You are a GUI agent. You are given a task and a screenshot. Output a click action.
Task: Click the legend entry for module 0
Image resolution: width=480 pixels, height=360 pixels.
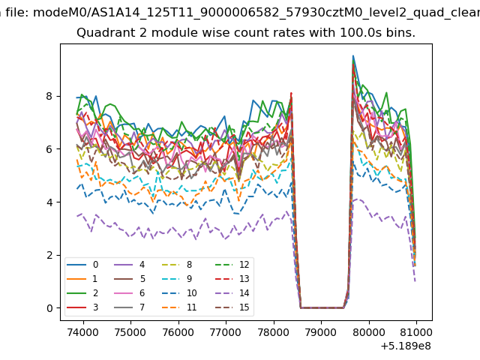click(x=82, y=265)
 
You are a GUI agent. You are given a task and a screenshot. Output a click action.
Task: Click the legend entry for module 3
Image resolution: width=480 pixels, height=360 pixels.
click(x=82, y=307)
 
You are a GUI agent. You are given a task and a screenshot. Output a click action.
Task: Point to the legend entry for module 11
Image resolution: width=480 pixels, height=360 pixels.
click(x=179, y=307)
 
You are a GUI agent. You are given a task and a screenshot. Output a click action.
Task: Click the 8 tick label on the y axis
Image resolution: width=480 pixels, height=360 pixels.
click(x=49, y=96)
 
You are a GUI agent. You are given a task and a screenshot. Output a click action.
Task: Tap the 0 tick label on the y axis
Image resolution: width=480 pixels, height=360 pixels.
click(x=49, y=308)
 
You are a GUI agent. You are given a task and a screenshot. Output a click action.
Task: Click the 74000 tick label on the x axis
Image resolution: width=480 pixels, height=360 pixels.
click(x=83, y=332)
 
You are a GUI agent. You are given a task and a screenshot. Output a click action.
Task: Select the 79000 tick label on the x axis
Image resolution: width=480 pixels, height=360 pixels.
click(x=321, y=332)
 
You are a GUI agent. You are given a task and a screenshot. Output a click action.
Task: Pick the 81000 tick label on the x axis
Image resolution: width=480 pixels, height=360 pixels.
click(x=416, y=332)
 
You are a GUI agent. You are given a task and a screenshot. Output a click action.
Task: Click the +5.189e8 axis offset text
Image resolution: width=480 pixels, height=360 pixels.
click(x=406, y=346)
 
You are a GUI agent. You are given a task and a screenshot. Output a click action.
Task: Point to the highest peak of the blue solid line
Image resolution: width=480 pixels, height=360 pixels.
click(x=353, y=55)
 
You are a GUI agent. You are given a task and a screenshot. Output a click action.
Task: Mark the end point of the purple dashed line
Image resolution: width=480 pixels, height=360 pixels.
click(x=415, y=281)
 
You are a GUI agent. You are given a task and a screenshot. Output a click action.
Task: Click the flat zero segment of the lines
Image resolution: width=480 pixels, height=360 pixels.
click(x=322, y=307)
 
